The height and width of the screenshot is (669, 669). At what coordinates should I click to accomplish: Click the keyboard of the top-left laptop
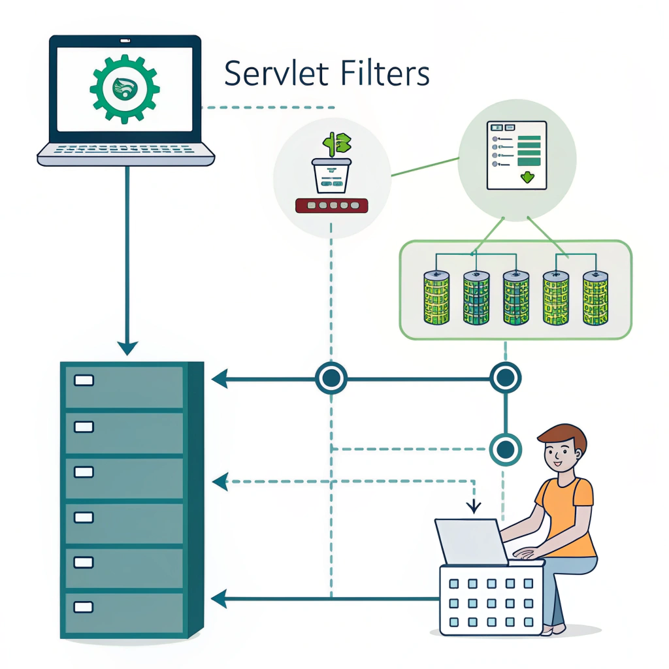click(125, 150)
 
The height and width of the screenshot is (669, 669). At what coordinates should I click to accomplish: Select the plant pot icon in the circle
click(332, 175)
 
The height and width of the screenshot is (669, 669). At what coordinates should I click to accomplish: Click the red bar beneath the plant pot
click(332, 206)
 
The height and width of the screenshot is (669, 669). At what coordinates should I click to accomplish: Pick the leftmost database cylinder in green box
click(436, 298)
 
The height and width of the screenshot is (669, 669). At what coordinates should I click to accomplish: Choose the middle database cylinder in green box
click(515, 298)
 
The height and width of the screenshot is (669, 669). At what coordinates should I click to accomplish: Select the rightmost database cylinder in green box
click(595, 298)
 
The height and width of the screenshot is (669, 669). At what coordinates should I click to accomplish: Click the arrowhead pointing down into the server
click(127, 346)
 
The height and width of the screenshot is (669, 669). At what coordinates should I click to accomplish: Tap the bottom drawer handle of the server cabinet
click(84, 607)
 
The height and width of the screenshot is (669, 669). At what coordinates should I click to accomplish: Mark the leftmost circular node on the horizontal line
click(331, 378)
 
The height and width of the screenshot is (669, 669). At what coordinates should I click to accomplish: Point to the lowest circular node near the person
click(505, 448)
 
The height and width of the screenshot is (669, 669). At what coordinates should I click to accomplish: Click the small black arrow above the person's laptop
click(474, 506)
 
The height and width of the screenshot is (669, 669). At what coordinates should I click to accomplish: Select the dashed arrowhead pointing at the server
click(220, 482)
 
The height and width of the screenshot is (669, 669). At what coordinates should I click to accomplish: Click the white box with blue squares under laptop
click(491, 599)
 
